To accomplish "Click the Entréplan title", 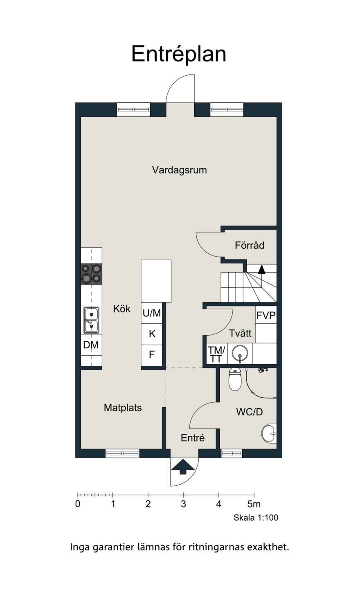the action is (x=179, y=54).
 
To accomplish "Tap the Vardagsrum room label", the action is (x=179, y=170).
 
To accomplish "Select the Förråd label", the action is (x=250, y=245).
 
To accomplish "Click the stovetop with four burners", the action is (x=91, y=274).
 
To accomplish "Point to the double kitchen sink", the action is (x=91, y=320).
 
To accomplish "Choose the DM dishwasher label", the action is (x=91, y=345).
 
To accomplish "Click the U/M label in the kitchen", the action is (x=152, y=313).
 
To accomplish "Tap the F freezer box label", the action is (x=152, y=354).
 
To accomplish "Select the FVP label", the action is (x=266, y=315).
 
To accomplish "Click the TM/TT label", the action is (x=216, y=354).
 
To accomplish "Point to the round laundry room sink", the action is (x=240, y=354).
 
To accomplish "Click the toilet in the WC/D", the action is (x=235, y=379).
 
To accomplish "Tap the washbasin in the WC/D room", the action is (x=269, y=433).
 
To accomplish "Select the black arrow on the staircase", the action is (x=261, y=269).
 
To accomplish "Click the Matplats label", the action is (x=123, y=408).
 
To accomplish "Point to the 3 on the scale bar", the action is (x=183, y=504).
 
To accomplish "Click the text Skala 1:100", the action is (x=256, y=518).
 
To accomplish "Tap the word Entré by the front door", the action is (x=193, y=438).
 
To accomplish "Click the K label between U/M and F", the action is (x=152, y=334).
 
